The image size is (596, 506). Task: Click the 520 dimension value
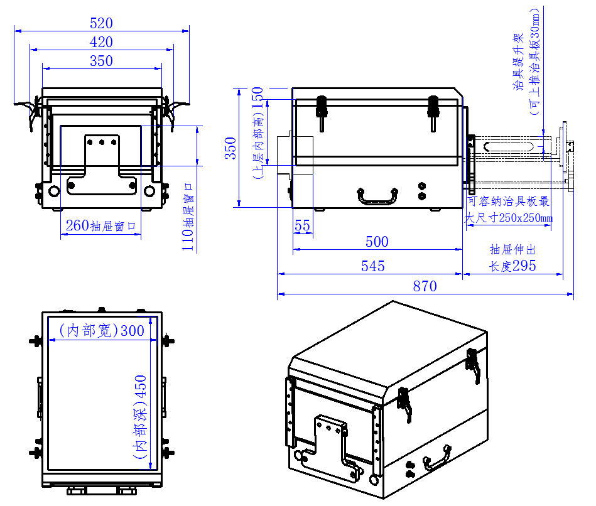tap(101, 24)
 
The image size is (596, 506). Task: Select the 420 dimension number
tap(101, 43)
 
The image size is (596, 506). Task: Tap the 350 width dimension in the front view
tap(101, 62)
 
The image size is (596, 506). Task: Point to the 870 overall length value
tap(425, 287)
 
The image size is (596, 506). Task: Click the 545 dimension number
tap(372, 267)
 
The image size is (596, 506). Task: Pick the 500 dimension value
tap(377, 242)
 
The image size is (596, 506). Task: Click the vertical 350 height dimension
tap(231, 148)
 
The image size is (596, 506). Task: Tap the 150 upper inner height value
tap(257, 99)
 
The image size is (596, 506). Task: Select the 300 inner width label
tap(102, 330)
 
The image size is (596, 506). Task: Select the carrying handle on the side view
tap(377, 196)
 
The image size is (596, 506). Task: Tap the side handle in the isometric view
tap(438, 458)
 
